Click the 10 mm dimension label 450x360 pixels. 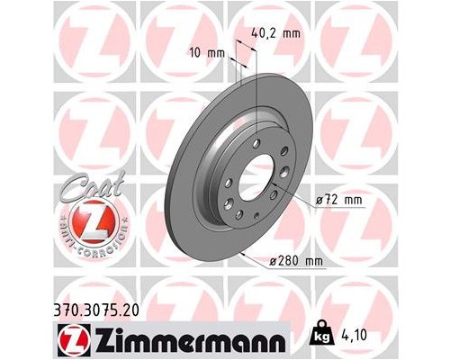pos(207,53)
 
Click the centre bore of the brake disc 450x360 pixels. pos(259,170)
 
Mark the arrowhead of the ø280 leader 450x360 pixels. pos(242,255)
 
